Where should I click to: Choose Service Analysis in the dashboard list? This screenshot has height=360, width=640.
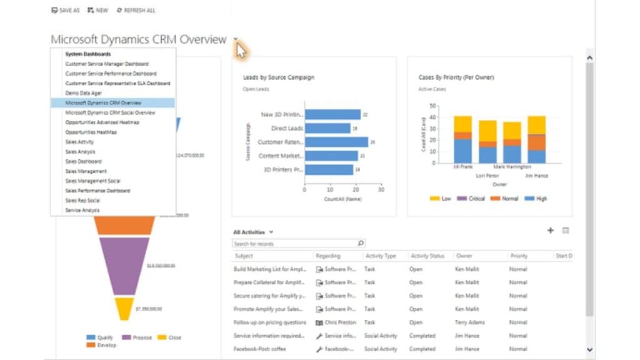coord(82,210)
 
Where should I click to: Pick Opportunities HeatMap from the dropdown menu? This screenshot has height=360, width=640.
coord(91,132)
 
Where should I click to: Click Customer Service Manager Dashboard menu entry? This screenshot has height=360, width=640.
coord(107,64)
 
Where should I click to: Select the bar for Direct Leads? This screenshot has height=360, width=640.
coord(327,128)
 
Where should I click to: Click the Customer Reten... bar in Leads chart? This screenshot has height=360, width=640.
coord(336,142)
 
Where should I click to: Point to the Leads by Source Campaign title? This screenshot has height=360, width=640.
coord(278,77)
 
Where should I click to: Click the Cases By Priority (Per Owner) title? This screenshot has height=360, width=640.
coord(456,77)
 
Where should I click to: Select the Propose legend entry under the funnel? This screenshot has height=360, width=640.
coord(139,337)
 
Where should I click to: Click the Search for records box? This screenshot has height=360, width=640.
coord(294,244)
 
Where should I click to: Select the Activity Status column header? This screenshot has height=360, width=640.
coord(427,256)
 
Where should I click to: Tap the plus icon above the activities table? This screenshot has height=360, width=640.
coord(551,231)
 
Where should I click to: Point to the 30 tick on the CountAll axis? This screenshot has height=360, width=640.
coord(381,189)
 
